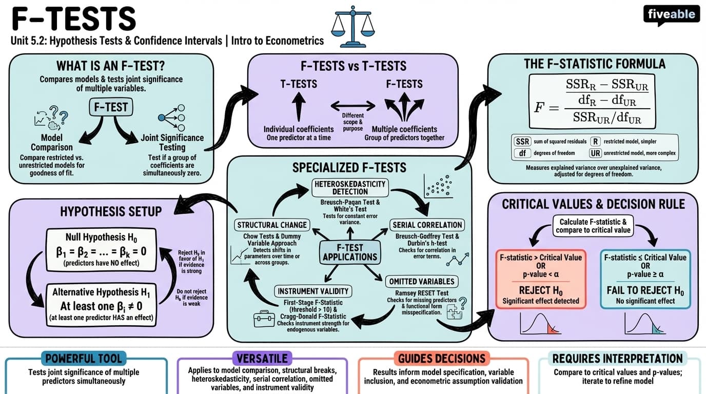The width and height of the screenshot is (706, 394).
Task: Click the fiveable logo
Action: [671, 15]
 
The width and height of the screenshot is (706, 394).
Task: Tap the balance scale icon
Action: [352, 27]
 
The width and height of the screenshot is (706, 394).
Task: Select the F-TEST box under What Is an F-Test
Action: [111, 107]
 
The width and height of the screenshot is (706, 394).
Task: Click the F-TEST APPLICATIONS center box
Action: [350, 252]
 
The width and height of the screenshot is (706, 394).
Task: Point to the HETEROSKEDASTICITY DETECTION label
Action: [350, 188]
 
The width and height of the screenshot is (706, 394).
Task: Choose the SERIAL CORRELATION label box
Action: [427, 225]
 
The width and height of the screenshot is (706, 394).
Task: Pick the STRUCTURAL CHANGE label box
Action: [272, 225]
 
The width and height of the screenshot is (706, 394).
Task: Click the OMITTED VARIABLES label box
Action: [422, 282]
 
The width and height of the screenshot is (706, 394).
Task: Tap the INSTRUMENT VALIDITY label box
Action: [313, 291]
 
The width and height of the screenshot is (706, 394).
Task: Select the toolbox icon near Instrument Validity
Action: [264, 319]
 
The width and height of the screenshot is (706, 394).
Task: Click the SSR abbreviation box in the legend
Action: [522, 142]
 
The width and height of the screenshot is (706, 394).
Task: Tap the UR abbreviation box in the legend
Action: [595, 153]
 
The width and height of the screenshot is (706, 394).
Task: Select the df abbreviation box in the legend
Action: [522, 153]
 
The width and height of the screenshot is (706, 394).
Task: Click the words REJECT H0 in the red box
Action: [541, 290]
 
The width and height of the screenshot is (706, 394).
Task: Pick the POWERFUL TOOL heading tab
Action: [84, 359]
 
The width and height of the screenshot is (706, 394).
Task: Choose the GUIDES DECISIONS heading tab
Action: [442, 359]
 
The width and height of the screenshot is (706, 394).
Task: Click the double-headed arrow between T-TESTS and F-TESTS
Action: [352, 106]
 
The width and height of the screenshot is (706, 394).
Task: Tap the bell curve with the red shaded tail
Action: [540, 324]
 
